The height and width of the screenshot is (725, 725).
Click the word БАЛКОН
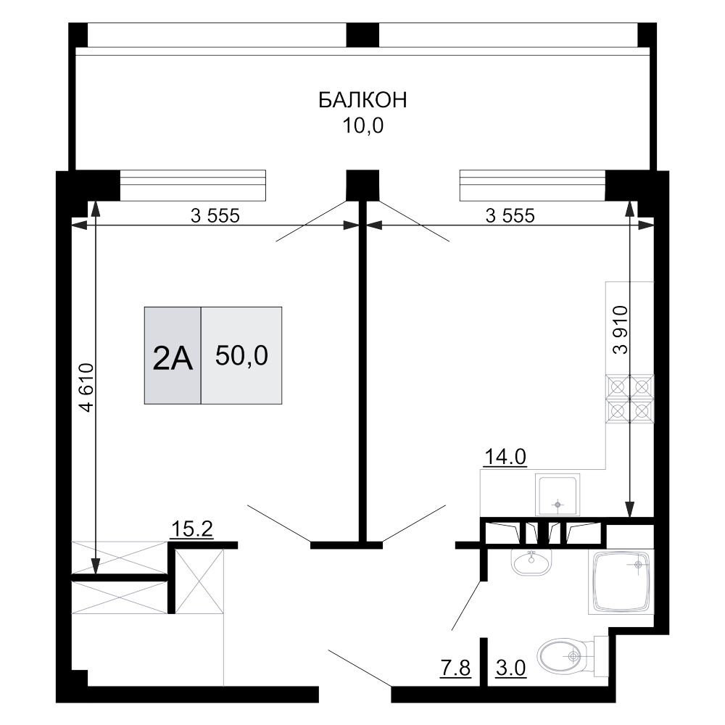tap(363, 100)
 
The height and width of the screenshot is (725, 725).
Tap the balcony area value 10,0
tap(363, 125)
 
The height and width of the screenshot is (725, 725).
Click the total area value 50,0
tap(242, 356)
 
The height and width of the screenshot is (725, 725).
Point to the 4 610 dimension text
tap(87, 387)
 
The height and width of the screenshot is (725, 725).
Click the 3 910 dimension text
tap(621, 330)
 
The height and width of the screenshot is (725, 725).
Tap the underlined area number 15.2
tap(192, 529)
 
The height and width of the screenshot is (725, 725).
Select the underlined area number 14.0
tap(505, 457)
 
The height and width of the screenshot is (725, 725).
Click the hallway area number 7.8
tap(456, 668)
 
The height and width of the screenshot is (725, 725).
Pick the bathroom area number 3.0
tap(511, 668)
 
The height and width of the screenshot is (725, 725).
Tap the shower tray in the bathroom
tap(621, 582)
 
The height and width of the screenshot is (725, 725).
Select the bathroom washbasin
tap(531, 562)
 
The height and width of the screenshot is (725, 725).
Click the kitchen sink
tap(558, 494)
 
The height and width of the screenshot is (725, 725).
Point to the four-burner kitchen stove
tap(630, 399)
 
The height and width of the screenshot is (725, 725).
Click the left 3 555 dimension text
tap(215, 215)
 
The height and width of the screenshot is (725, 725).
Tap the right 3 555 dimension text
tap(510, 215)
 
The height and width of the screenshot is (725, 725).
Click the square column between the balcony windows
tap(363, 186)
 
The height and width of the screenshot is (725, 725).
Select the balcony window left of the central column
tap(193, 186)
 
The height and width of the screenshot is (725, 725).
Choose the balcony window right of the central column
tap(533, 186)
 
